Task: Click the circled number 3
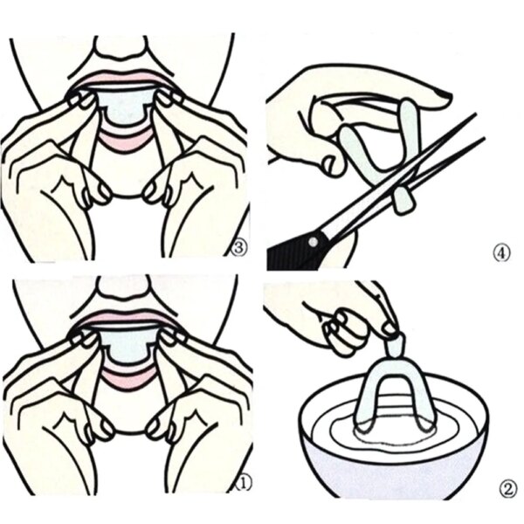pyautogui.click(x=238, y=247)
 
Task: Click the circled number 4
pyautogui.click(x=500, y=254)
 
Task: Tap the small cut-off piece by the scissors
pyautogui.click(x=404, y=203)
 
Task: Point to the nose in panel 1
pyautogui.click(x=123, y=286)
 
